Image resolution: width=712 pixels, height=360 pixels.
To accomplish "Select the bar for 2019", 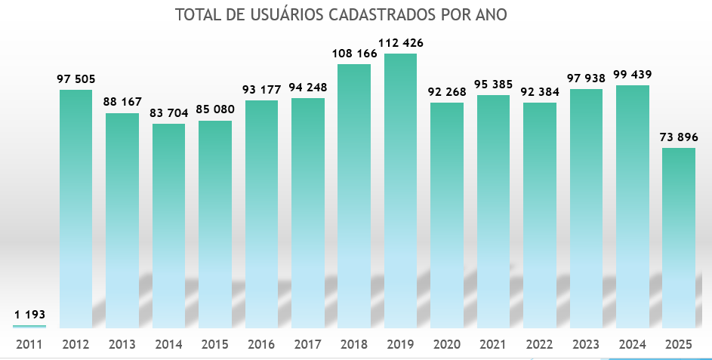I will coord(400,189).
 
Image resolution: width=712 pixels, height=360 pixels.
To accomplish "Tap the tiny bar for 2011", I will coord(29,326).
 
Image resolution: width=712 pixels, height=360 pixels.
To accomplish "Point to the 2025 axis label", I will coord(679,345).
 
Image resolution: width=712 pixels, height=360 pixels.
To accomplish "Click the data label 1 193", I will coord(29,313).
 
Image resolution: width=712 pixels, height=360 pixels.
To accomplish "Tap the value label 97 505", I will coord(76,78).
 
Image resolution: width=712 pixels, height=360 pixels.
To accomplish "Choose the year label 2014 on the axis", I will coord(168,345).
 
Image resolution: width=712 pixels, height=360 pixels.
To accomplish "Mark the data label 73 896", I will coord(679,137).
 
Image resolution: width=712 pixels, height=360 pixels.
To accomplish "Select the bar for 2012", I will coord(76,208).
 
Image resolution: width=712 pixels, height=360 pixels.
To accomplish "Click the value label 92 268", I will coord(447,91).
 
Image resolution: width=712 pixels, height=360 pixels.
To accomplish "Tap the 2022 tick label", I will coord(539,345).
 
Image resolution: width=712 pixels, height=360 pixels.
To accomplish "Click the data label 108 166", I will coord(354,53).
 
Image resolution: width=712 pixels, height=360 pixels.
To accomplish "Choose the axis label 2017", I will coord(307,345).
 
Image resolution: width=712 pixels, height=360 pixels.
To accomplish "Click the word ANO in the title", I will coord(491,15).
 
